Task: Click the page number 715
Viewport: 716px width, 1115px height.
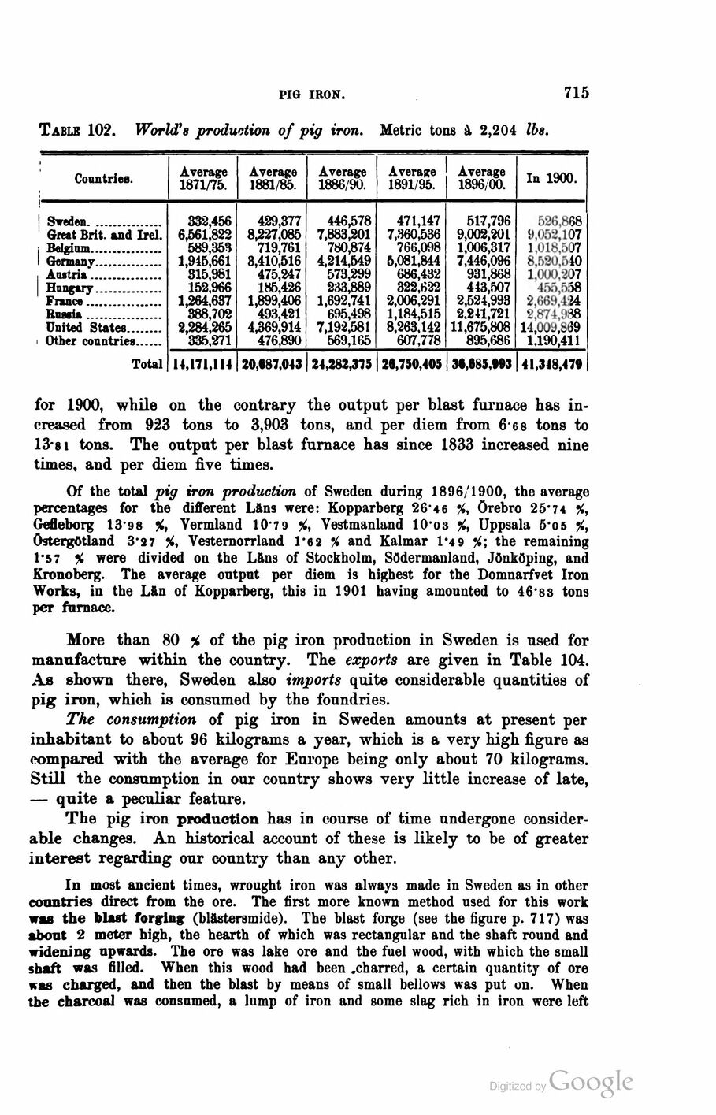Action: (x=576, y=93)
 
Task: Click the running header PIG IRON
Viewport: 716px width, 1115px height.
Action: (x=313, y=95)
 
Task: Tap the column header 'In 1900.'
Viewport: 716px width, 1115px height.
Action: (x=552, y=177)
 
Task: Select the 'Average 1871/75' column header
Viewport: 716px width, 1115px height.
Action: (x=204, y=177)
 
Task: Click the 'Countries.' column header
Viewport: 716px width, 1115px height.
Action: (x=104, y=178)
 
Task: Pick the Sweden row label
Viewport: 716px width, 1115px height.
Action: (x=69, y=222)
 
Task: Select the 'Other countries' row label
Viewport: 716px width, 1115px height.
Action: (x=90, y=341)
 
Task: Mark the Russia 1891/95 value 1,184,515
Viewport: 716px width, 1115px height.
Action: (x=412, y=314)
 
